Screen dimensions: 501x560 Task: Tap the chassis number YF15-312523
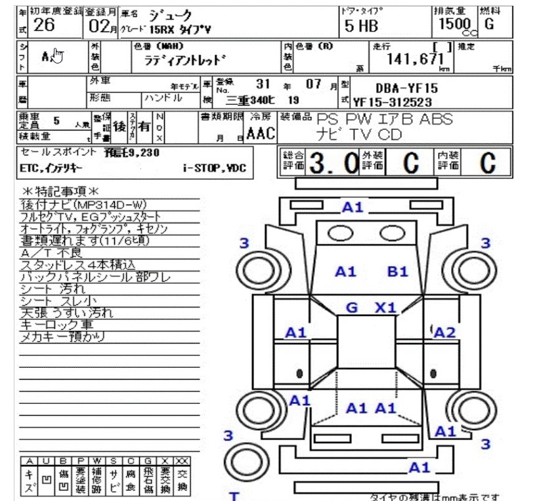pos(393,102)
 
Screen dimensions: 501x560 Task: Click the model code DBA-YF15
pos(406,88)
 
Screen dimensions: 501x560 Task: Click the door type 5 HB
pos(361,26)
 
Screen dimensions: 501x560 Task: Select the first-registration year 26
pos(43,26)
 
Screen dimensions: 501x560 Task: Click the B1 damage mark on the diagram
pos(398,271)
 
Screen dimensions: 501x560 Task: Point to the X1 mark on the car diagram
pos(385,308)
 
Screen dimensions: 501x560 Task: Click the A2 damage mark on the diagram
pos(444,332)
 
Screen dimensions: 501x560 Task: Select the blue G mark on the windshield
pos(352,308)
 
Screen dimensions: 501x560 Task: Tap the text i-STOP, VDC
pos(215,169)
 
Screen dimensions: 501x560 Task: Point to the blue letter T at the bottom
pos(233,495)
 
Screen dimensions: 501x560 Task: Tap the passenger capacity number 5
pos(56,121)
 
